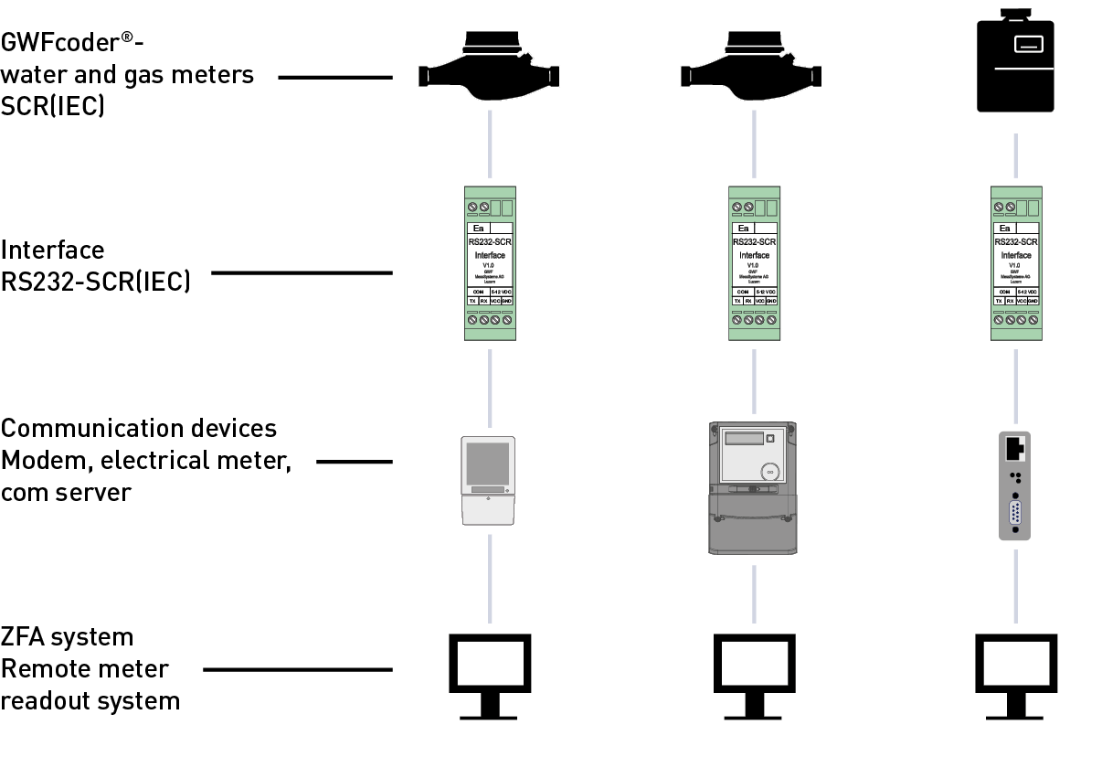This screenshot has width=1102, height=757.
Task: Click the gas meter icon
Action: [x=1016, y=64]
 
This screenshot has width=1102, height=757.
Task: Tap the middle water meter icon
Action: [x=753, y=69]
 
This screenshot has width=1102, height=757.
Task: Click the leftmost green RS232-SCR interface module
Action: [x=490, y=263]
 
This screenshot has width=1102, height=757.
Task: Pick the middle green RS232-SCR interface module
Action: [x=754, y=263]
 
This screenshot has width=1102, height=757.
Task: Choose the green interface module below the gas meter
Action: [x=1016, y=263]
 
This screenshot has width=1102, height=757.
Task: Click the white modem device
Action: [x=490, y=480]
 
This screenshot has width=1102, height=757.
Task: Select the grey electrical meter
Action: [x=754, y=487]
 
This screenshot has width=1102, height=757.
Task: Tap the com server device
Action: [x=1015, y=485]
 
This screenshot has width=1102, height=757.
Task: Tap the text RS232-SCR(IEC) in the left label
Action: [x=95, y=283]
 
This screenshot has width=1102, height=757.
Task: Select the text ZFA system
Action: [x=67, y=636]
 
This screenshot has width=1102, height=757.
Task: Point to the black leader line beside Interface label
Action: [x=302, y=272]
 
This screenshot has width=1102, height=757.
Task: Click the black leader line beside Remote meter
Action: [x=297, y=669]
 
